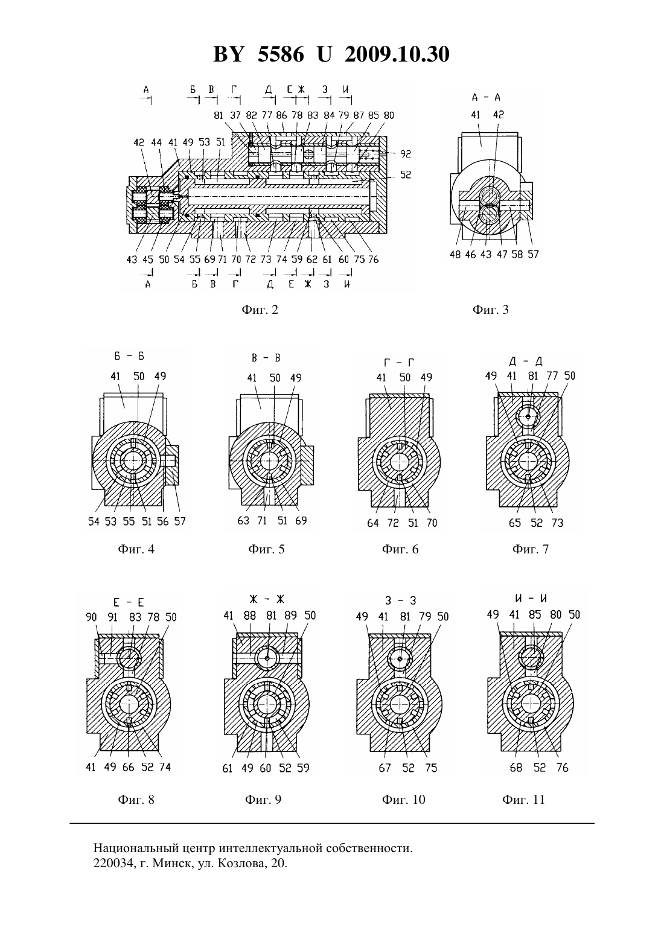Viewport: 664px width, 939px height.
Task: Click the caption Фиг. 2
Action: click(260, 310)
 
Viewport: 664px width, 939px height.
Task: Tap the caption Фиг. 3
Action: click(490, 310)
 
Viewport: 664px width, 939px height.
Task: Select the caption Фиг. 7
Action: click(530, 549)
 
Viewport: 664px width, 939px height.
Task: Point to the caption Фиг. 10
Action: click(404, 800)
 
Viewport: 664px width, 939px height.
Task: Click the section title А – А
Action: click(487, 98)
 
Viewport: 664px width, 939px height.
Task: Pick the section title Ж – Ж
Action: click(267, 599)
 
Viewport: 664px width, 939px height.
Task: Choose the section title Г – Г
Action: click(398, 362)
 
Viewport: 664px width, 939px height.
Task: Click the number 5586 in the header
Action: click(281, 54)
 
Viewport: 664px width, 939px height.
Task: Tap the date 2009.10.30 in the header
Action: click(397, 54)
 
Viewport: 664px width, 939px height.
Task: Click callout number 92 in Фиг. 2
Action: click(406, 154)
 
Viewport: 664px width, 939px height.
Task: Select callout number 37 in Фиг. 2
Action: click(235, 115)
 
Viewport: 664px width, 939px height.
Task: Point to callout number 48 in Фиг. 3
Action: click(455, 255)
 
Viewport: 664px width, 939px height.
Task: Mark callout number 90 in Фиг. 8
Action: click(91, 617)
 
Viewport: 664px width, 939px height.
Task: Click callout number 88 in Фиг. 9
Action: click(250, 616)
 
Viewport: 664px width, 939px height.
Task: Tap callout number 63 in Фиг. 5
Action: click(243, 521)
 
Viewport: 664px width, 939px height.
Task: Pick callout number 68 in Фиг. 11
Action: click(516, 768)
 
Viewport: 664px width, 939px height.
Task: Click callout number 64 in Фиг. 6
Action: click(372, 523)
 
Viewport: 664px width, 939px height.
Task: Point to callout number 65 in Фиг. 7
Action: click(515, 523)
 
